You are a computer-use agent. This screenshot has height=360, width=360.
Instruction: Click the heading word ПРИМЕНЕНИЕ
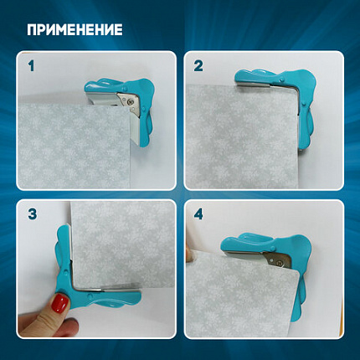point(75,29)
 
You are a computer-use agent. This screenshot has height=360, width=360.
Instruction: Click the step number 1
point(31,66)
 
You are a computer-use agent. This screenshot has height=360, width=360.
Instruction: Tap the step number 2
point(198,66)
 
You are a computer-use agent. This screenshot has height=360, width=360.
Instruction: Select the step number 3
point(33,214)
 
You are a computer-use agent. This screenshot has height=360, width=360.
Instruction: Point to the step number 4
point(198,214)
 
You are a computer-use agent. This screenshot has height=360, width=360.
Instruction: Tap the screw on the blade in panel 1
point(129,102)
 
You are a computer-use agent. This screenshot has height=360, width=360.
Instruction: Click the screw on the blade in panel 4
point(278,262)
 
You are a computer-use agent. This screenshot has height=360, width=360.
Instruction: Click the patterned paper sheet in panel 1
point(74,147)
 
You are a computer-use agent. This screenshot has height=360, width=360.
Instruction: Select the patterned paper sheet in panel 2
point(241,136)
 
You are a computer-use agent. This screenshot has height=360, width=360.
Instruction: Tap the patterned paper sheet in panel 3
point(123,244)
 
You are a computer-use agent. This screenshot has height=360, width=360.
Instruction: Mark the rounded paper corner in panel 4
point(296,273)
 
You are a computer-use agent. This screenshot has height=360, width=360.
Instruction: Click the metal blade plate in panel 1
point(129,103)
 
